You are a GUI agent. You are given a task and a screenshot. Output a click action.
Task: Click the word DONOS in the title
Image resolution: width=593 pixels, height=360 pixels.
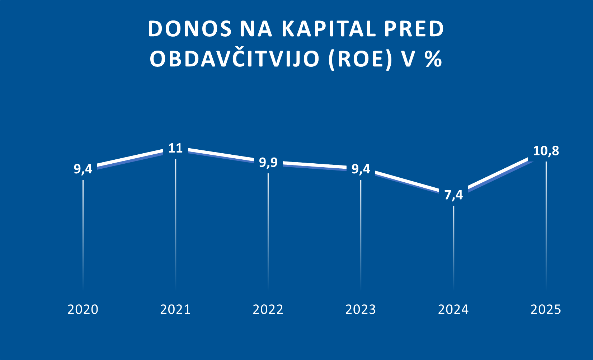coord(190,29)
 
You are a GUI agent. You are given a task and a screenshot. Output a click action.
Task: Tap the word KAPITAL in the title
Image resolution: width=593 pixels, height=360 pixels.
coord(329,29)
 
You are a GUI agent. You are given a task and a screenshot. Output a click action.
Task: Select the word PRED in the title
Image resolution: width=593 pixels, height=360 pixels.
coord(414,29)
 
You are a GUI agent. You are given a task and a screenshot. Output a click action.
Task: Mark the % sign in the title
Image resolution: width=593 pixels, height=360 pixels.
coord(433,59)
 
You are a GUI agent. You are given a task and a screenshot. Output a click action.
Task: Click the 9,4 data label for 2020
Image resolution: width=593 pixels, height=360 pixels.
coord(83,169)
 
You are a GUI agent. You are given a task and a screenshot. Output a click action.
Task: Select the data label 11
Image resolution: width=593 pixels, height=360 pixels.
coord(175,148)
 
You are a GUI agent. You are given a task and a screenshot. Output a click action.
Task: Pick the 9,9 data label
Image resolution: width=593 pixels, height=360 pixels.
coord(268,163)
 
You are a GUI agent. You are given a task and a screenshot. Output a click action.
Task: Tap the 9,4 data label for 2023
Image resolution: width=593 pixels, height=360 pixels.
coord(361,169)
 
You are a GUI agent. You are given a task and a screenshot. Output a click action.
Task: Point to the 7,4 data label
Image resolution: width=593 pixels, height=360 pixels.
coord(453,195)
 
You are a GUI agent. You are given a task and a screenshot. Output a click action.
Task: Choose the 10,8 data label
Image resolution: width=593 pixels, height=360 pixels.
coord(546,151)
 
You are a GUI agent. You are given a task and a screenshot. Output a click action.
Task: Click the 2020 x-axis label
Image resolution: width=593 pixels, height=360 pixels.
coord(83,309)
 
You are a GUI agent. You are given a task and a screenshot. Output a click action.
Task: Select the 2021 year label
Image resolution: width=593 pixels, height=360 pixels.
coord(175,309)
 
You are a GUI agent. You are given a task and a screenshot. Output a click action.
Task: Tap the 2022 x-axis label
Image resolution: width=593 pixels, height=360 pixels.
coord(268,309)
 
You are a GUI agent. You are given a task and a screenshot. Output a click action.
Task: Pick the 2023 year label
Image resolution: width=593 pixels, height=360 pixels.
coord(361,309)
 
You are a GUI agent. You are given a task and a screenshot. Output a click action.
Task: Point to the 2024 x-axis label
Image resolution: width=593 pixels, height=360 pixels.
coord(453,309)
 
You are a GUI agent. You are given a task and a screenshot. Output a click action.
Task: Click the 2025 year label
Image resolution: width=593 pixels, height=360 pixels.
coord(546,309)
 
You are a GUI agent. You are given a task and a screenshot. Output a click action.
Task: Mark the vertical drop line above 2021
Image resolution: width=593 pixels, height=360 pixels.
coord(175,223)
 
